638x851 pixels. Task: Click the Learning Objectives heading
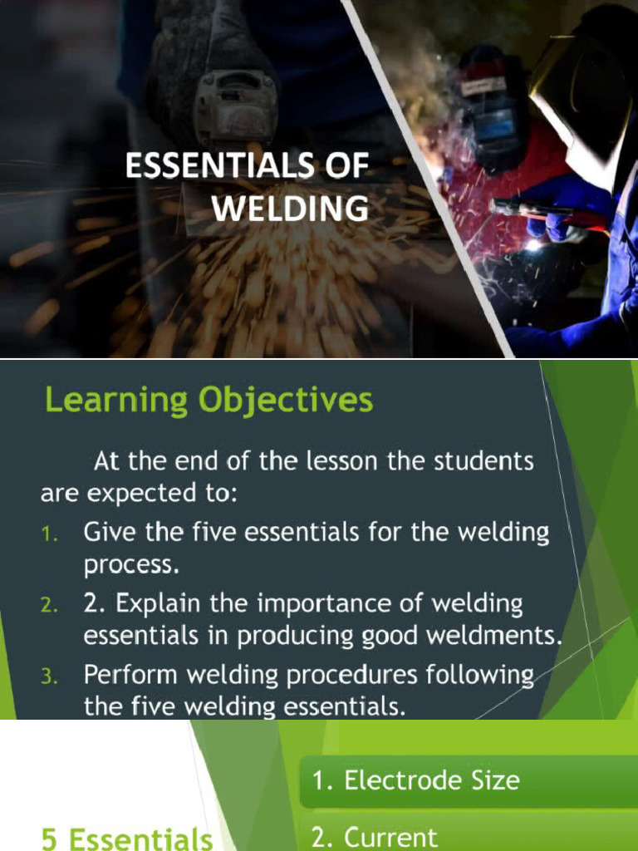tap(209, 401)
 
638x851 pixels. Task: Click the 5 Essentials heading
tap(127, 839)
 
